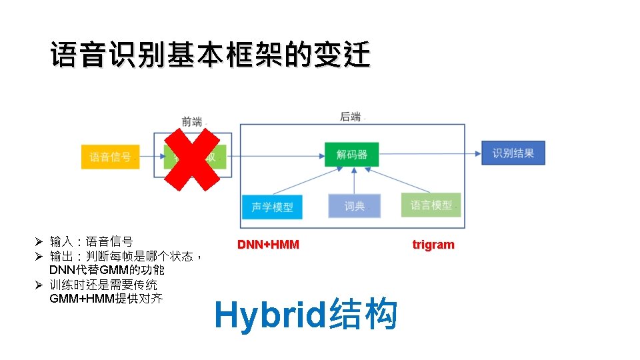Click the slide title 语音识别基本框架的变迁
(210, 55)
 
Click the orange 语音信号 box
(111, 157)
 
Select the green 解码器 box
(351, 155)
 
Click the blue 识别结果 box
(513, 153)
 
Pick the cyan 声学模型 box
(272, 207)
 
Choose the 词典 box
(354, 206)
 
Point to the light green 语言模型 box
(431, 205)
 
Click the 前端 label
(192, 121)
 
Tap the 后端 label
(351, 117)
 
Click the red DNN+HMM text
(268, 245)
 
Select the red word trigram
(433, 245)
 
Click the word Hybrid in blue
(270, 315)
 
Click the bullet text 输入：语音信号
(91, 241)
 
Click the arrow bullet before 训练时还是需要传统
(39, 285)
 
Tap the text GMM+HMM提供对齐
(106, 299)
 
